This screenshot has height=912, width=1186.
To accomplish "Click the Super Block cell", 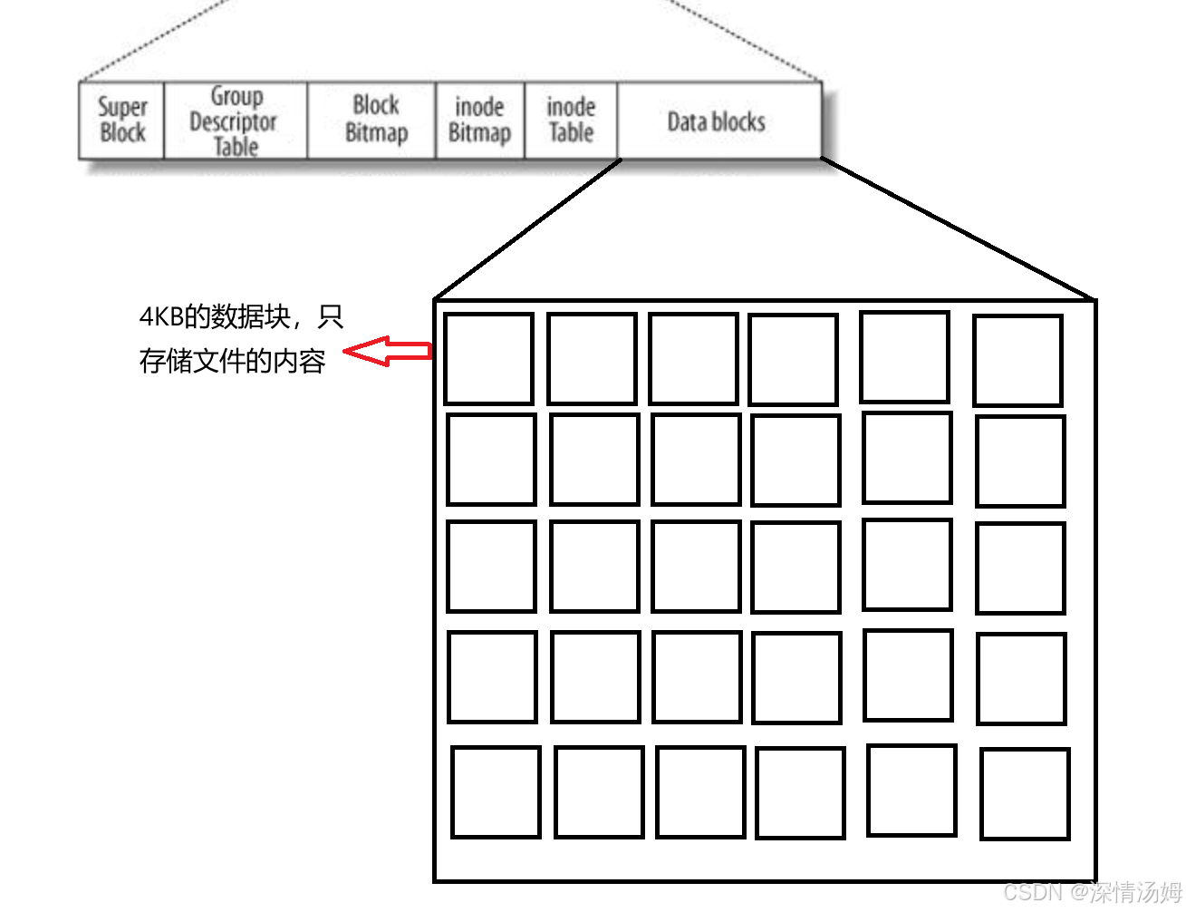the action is [x=122, y=121].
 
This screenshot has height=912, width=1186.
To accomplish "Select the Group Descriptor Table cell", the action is [x=236, y=121].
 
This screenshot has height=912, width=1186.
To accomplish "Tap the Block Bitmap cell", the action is [x=375, y=119].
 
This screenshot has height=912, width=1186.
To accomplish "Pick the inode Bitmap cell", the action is [x=479, y=120].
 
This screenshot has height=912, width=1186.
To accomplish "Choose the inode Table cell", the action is [x=571, y=120].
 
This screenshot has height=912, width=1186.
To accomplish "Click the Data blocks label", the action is [x=716, y=121].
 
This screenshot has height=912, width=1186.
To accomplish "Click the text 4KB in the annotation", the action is [x=161, y=317].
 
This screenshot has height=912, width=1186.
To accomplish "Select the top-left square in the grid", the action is [x=488, y=359].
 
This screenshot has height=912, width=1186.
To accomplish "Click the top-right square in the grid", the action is [x=1017, y=360].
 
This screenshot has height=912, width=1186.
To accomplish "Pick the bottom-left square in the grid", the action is [x=496, y=791].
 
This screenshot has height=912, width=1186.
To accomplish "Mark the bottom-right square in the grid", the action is [x=1025, y=793].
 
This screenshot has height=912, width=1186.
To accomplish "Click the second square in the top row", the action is [x=592, y=359].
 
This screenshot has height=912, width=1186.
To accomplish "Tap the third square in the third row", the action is [x=696, y=567].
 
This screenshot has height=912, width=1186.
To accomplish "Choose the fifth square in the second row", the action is [x=907, y=458].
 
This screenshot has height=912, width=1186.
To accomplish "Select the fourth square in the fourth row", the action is [x=797, y=677].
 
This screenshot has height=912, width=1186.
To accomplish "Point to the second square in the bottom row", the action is [x=599, y=791].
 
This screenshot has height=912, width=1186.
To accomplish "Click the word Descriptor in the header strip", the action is [x=233, y=121].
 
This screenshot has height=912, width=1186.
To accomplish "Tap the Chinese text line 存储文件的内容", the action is [x=233, y=361].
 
